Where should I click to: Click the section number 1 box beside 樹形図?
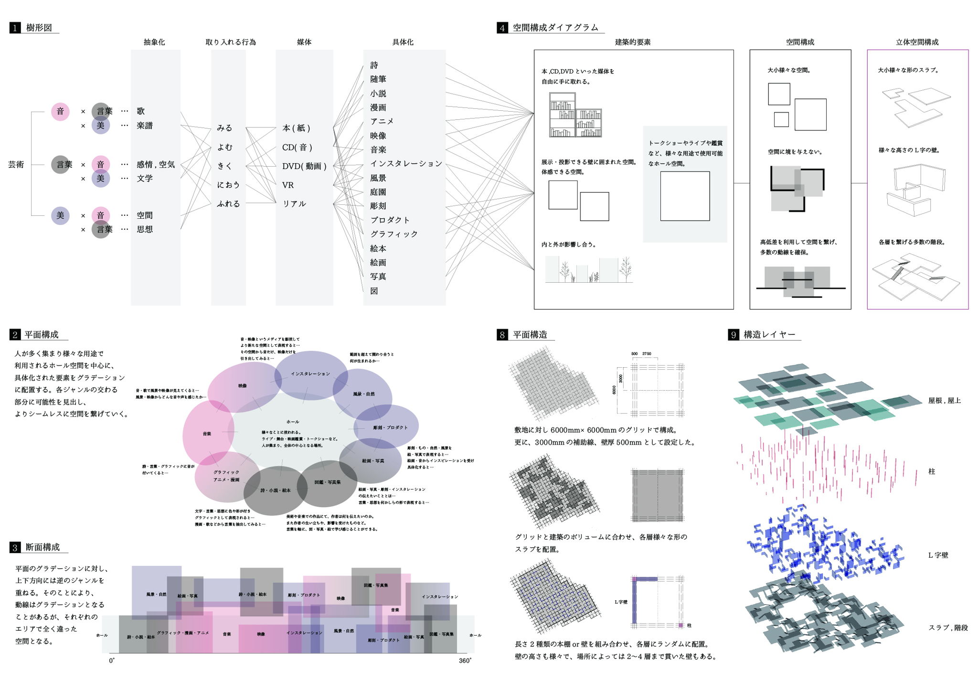pos(15,28)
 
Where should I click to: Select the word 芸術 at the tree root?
pos(16,164)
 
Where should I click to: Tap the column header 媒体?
pos(304,42)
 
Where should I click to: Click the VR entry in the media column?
pos(287,185)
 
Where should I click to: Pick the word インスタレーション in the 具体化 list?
pos(406,164)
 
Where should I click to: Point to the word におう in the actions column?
pos(228,185)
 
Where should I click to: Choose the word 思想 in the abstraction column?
pos(145,229)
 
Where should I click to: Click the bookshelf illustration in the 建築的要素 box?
pos(575,115)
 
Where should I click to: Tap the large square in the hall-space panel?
pos(685,196)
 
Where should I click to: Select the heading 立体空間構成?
pos(917,42)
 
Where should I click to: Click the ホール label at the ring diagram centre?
pos(293,422)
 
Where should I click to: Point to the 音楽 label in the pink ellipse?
pos(207,434)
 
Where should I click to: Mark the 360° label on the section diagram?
pos(465,661)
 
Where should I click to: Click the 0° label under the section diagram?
pos(112,661)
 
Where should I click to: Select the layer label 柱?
pos(931,471)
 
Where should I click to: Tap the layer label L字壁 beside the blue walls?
pos(938,555)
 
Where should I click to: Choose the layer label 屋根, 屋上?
pos(944,401)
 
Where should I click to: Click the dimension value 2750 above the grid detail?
pos(647,354)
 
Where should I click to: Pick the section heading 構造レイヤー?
pos(769,335)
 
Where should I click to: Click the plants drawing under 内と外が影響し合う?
pos(589,270)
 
